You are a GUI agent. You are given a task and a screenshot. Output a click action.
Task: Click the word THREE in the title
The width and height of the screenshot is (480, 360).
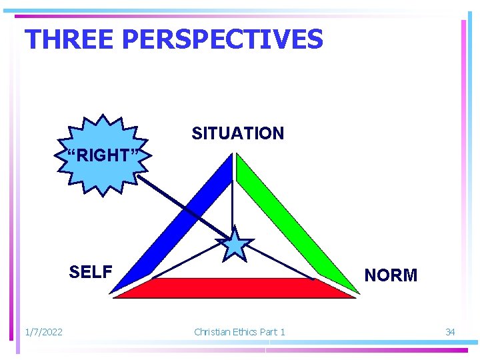pos(70,39)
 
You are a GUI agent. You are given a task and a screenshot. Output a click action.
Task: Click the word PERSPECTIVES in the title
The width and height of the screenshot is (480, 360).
pos(223,39)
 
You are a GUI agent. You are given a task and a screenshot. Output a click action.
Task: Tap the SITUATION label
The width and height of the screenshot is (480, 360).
pos(237,133)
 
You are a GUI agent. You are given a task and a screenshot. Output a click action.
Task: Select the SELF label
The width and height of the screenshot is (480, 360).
pos(91,272)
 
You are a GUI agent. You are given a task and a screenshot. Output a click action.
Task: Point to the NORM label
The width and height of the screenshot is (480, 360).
pos(391,275)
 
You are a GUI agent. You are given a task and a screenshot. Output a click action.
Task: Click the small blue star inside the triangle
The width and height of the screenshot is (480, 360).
pos(235,244)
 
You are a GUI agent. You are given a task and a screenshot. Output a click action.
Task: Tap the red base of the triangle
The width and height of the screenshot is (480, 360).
pos(233,288)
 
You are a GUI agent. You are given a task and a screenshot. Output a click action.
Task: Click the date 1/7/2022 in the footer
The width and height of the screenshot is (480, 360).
pos(43,332)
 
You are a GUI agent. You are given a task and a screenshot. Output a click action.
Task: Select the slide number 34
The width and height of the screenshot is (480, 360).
pos(450,332)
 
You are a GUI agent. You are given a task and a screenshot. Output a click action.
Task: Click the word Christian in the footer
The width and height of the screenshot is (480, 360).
pos(212,332)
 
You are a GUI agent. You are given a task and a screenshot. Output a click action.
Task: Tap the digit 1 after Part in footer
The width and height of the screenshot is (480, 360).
pos(282,332)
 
